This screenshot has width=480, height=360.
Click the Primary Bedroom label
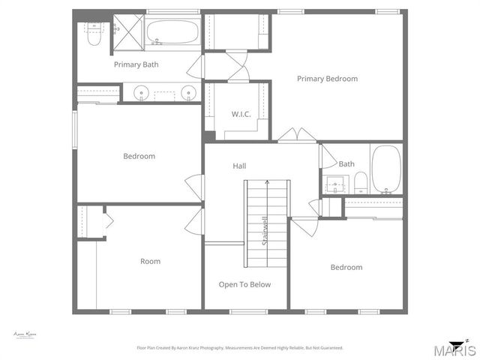pos(327,79)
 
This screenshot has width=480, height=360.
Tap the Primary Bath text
pos(136,64)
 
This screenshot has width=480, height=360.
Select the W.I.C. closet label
pos(241,114)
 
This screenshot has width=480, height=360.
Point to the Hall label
pos(239,166)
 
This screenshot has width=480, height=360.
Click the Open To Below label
pos(244,284)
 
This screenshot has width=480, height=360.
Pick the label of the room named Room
pos(150,261)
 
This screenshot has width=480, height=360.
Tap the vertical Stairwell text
pos(265,229)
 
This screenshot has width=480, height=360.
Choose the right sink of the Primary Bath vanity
pos(187,94)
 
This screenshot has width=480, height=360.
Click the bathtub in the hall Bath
pos(387,169)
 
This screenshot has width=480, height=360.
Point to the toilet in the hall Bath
pos(361,181)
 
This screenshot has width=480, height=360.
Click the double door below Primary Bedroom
pos(298,135)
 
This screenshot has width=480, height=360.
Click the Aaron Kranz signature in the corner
pos(25,334)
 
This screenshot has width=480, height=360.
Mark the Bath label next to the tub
pos(346,163)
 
